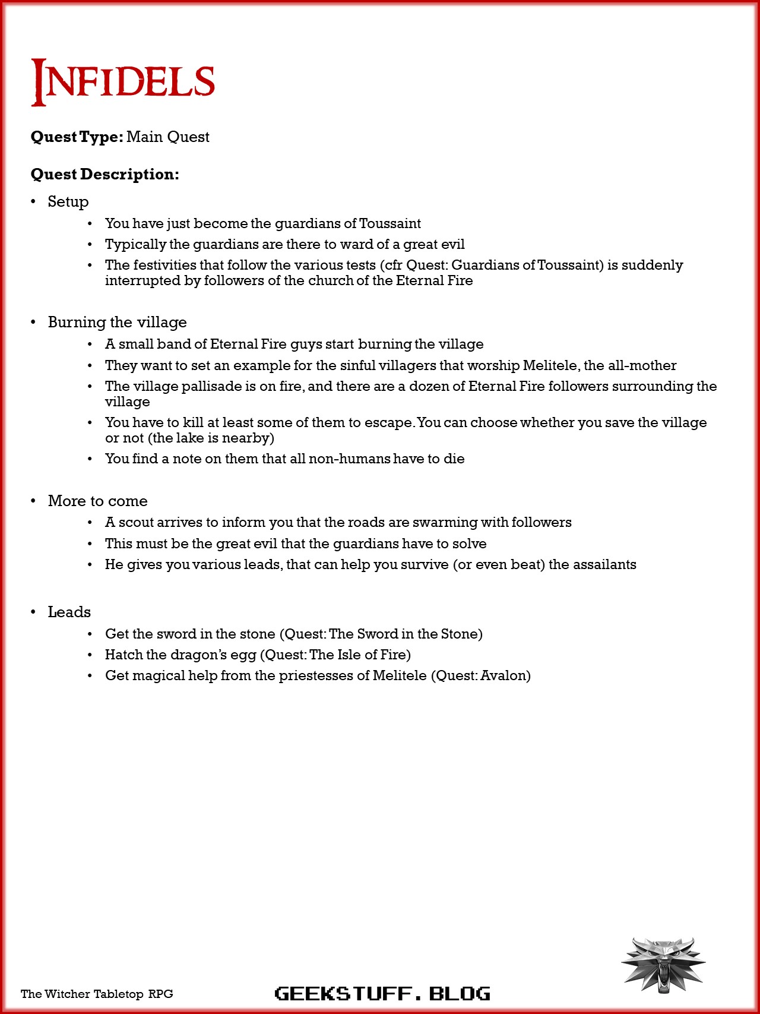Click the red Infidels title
[x=123, y=82]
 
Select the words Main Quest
[x=167, y=137]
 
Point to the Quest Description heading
[x=104, y=175]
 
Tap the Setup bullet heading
[x=68, y=202]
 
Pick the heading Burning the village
[x=117, y=322]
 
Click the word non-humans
[x=349, y=459]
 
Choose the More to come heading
[x=97, y=501]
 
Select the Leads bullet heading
[x=69, y=612]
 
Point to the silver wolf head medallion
[x=663, y=964]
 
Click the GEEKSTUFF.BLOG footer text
[x=382, y=993]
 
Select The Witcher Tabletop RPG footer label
[x=97, y=994]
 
